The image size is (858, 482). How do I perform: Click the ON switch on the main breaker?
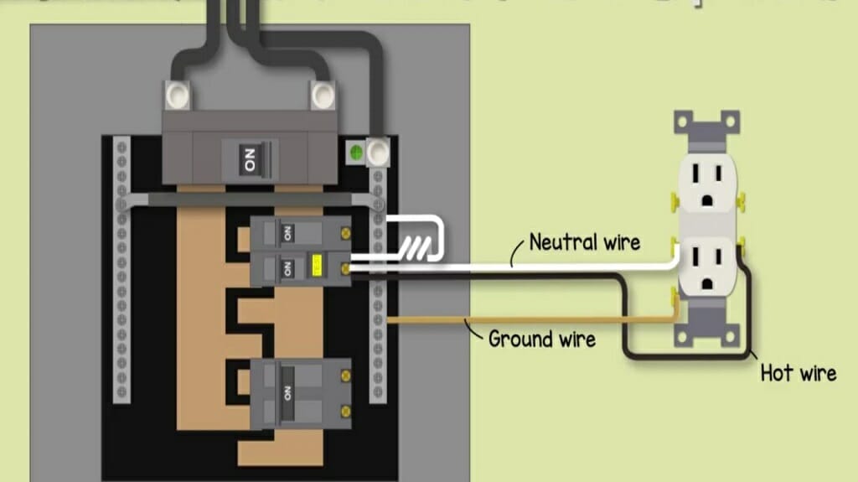tap(250, 159)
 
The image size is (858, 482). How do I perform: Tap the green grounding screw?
tap(354, 153)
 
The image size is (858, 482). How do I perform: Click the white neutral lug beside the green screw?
tap(378, 153)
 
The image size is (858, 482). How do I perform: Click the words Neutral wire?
tap(585, 243)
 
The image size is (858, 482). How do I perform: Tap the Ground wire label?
tap(542, 339)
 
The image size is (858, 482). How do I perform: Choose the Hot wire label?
tap(798, 372)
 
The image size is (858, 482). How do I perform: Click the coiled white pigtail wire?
tap(416, 246)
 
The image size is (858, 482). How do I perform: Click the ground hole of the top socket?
tap(705, 200)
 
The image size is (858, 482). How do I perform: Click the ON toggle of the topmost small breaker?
tap(287, 231)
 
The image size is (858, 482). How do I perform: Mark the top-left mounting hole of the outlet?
tap(681, 120)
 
